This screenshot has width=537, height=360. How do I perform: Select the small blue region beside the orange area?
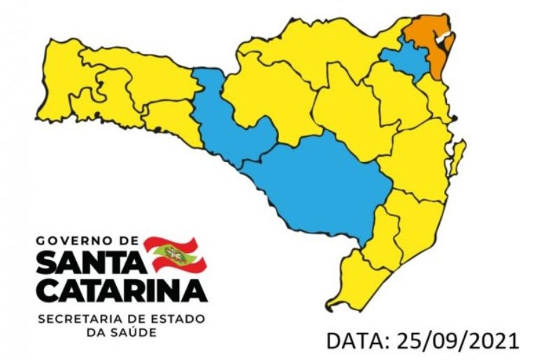406,59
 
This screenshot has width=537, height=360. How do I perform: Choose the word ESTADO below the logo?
178,319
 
